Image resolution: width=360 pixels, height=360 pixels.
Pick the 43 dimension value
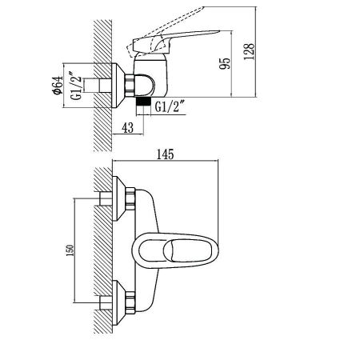click(x=128, y=126)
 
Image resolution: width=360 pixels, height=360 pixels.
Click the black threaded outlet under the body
click(x=142, y=102)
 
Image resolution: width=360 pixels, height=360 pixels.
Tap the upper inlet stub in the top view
click(x=106, y=198)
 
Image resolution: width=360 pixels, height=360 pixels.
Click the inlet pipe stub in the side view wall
click(x=104, y=82)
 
